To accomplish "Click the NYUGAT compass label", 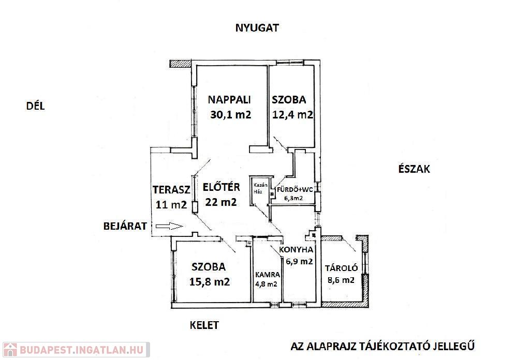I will pyautogui.click(x=257, y=28).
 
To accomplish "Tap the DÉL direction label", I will pyautogui.click(x=36, y=107).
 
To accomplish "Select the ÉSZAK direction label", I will pyautogui.click(x=414, y=169).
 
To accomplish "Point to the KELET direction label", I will pyautogui.click(x=204, y=325).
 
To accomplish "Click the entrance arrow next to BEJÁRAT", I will pyautogui.click(x=169, y=226).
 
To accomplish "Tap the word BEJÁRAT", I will pyautogui.click(x=125, y=226).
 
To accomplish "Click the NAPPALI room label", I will pyautogui.click(x=229, y=99).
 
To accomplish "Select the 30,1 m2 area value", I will pyautogui.click(x=230, y=115).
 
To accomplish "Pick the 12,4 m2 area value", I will pyautogui.click(x=293, y=115).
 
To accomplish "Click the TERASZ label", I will pyautogui.click(x=171, y=189).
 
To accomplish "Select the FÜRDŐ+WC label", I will pyautogui.click(x=295, y=189).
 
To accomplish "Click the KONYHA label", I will pyautogui.click(x=296, y=250).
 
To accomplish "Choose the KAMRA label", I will pyautogui.click(x=268, y=275).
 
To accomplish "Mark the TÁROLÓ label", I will pyautogui.click(x=341, y=268).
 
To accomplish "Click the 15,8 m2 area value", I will pyautogui.click(x=209, y=282).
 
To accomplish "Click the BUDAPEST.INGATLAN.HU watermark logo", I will pyautogui.click(x=75, y=350).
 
